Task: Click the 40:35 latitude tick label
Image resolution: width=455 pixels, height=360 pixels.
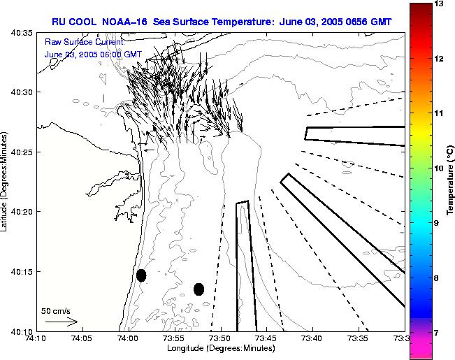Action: (x=22, y=32)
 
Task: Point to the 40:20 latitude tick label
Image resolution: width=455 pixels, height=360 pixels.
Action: (x=22, y=211)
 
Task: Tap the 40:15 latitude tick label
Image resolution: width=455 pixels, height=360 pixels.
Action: (x=22, y=271)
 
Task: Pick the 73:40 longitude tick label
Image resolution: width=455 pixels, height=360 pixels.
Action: (x=312, y=338)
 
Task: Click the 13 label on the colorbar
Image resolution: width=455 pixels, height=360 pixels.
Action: (x=440, y=4)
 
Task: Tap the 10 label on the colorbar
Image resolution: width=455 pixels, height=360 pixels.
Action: (x=440, y=168)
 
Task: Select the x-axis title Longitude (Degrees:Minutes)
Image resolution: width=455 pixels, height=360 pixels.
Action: (x=220, y=348)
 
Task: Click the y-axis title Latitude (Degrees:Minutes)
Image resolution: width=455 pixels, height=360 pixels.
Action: (x=6, y=182)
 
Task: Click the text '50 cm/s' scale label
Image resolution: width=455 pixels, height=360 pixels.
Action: (x=56, y=310)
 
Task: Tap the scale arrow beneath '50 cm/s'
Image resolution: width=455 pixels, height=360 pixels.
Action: (x=61, y=322)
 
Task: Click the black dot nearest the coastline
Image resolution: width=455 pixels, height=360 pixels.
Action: (x=141, y=275)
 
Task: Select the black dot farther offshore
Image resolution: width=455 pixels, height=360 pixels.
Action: (x=198, y=289)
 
